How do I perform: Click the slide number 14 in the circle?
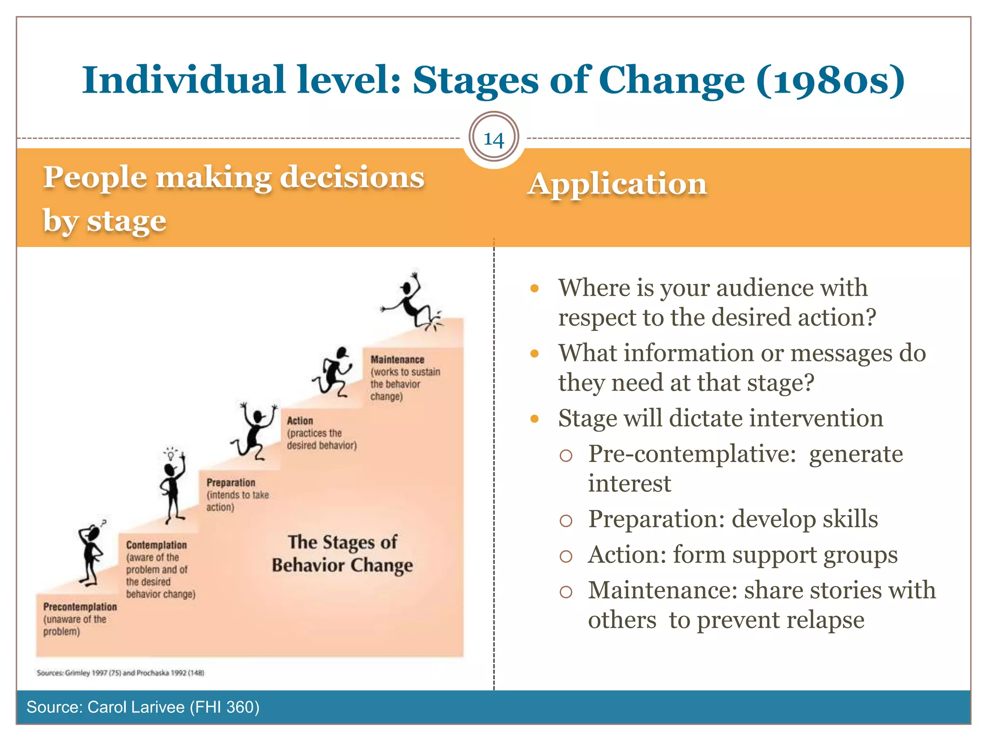pyautogui.click(x=494, y=139)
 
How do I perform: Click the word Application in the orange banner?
pyautogui.click(x=617, y=184)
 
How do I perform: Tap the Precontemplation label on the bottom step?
pyautogui.click(x=80, y=607)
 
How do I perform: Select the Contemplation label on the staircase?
pyautogui.click(x=156, y=545)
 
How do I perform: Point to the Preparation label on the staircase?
pyautogui.click(x=231, y=482)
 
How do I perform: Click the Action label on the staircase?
pyautogui.click(x=300, y=421)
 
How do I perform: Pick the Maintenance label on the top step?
pyautogui.click(x=397, y=359)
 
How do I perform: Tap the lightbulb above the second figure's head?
pyautogui.click(x=170, y=454)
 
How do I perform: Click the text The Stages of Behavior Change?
pyautogui.click(x=342, y=553)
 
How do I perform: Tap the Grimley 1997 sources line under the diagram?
pyautogui.click(x=121, y=672)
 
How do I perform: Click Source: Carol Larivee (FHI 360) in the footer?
pyautogui.click(x=143, y=707)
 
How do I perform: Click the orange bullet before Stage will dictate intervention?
pyautogui.click(x=534, y=419)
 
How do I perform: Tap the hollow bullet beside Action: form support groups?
pyautogui.click(x=565, y=557)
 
